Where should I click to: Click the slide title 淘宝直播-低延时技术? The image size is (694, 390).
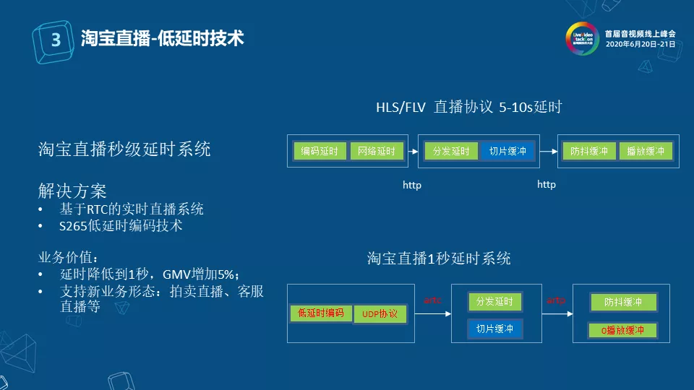coord(162,38)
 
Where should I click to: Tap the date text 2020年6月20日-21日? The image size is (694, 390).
coord(640,44)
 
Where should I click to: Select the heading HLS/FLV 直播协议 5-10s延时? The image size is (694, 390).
coord(468,108)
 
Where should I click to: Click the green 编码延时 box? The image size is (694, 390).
coord(320,151)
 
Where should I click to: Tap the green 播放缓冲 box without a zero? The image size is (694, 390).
coord(646,151)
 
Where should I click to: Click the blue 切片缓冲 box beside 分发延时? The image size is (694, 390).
coord(507,151)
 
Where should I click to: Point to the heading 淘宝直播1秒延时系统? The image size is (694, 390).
coord(439,259)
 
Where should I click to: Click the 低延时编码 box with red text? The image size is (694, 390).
coord(320,313)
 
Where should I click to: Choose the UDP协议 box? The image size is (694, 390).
coord(380,315)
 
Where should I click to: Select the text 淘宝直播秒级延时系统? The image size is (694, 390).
coord(124,149)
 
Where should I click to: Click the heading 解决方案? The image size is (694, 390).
coord(72,191)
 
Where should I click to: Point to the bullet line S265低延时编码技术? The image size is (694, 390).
coord(121,226)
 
